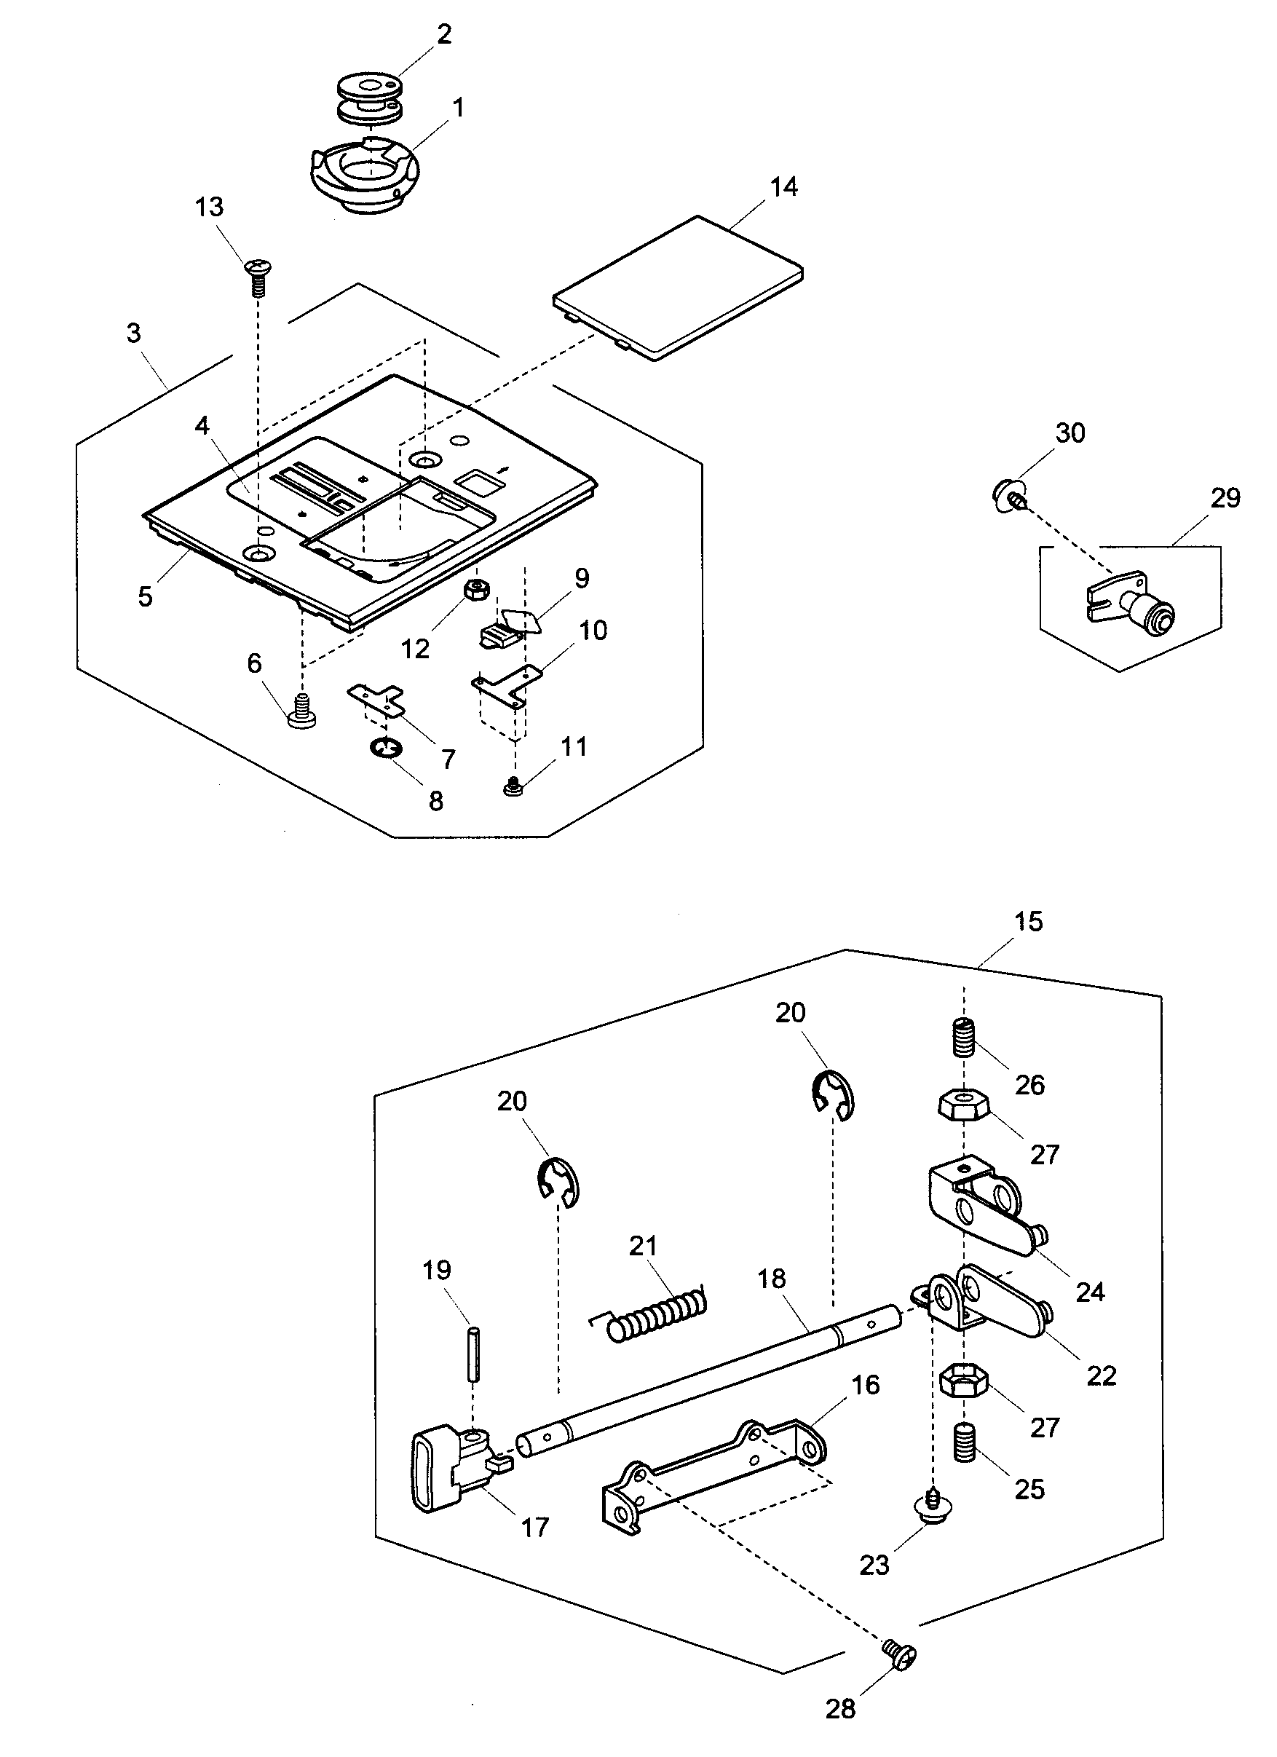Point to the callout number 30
1070,433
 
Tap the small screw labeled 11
512,788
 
